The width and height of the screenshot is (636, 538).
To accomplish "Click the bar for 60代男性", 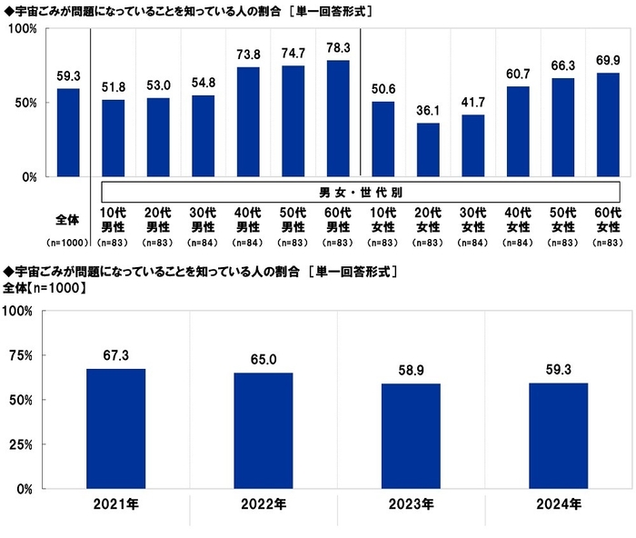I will click(x=338, y=118).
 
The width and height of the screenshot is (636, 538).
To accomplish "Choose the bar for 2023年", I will click(x=411, y=436).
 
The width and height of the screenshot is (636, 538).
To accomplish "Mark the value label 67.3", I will click(x=116, y=357).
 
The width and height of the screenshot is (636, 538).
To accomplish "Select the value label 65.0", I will click(x=263, y=361).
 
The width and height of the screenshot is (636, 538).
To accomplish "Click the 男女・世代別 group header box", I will click(x=360, y=192).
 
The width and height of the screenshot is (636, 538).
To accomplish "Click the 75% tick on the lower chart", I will click(x=19, y=355).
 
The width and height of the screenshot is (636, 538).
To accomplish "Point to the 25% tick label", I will click(x=19, y=444).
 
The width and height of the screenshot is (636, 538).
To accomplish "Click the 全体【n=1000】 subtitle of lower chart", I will click(x=45, y=288).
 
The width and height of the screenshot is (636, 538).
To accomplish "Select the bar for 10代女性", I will click(x=383, y=138).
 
